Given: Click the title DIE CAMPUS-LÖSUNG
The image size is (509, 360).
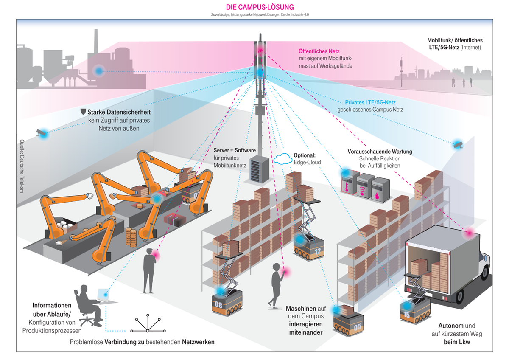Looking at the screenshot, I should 260,7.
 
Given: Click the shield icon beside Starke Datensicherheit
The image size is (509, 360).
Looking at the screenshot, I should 83,112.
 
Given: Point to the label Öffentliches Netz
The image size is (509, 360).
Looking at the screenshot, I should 319,51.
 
